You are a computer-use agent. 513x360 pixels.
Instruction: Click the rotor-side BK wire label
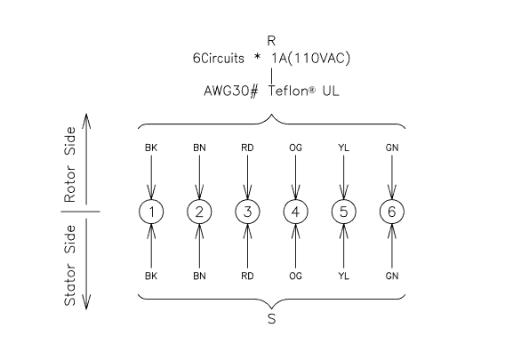151,148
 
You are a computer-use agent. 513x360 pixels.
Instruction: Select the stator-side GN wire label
392,276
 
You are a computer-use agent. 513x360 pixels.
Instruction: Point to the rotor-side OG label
295,148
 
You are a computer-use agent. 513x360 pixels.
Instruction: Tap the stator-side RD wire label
247,276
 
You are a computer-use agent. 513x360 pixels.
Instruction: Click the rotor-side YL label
343,148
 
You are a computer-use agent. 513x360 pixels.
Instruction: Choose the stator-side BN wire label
199,276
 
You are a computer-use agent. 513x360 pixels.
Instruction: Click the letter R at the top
271,41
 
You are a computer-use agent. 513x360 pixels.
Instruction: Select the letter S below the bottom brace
271,319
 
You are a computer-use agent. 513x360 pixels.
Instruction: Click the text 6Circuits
218,59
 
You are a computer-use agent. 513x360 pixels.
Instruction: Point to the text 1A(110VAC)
311,59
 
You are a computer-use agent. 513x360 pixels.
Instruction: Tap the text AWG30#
231,91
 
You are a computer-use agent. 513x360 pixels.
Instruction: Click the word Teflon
288,91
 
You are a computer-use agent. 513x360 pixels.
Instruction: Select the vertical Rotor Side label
69,164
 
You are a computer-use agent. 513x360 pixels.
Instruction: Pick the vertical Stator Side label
69,265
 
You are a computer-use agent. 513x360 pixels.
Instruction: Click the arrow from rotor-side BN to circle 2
199,177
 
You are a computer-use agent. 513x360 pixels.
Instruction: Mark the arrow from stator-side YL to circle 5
343,246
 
